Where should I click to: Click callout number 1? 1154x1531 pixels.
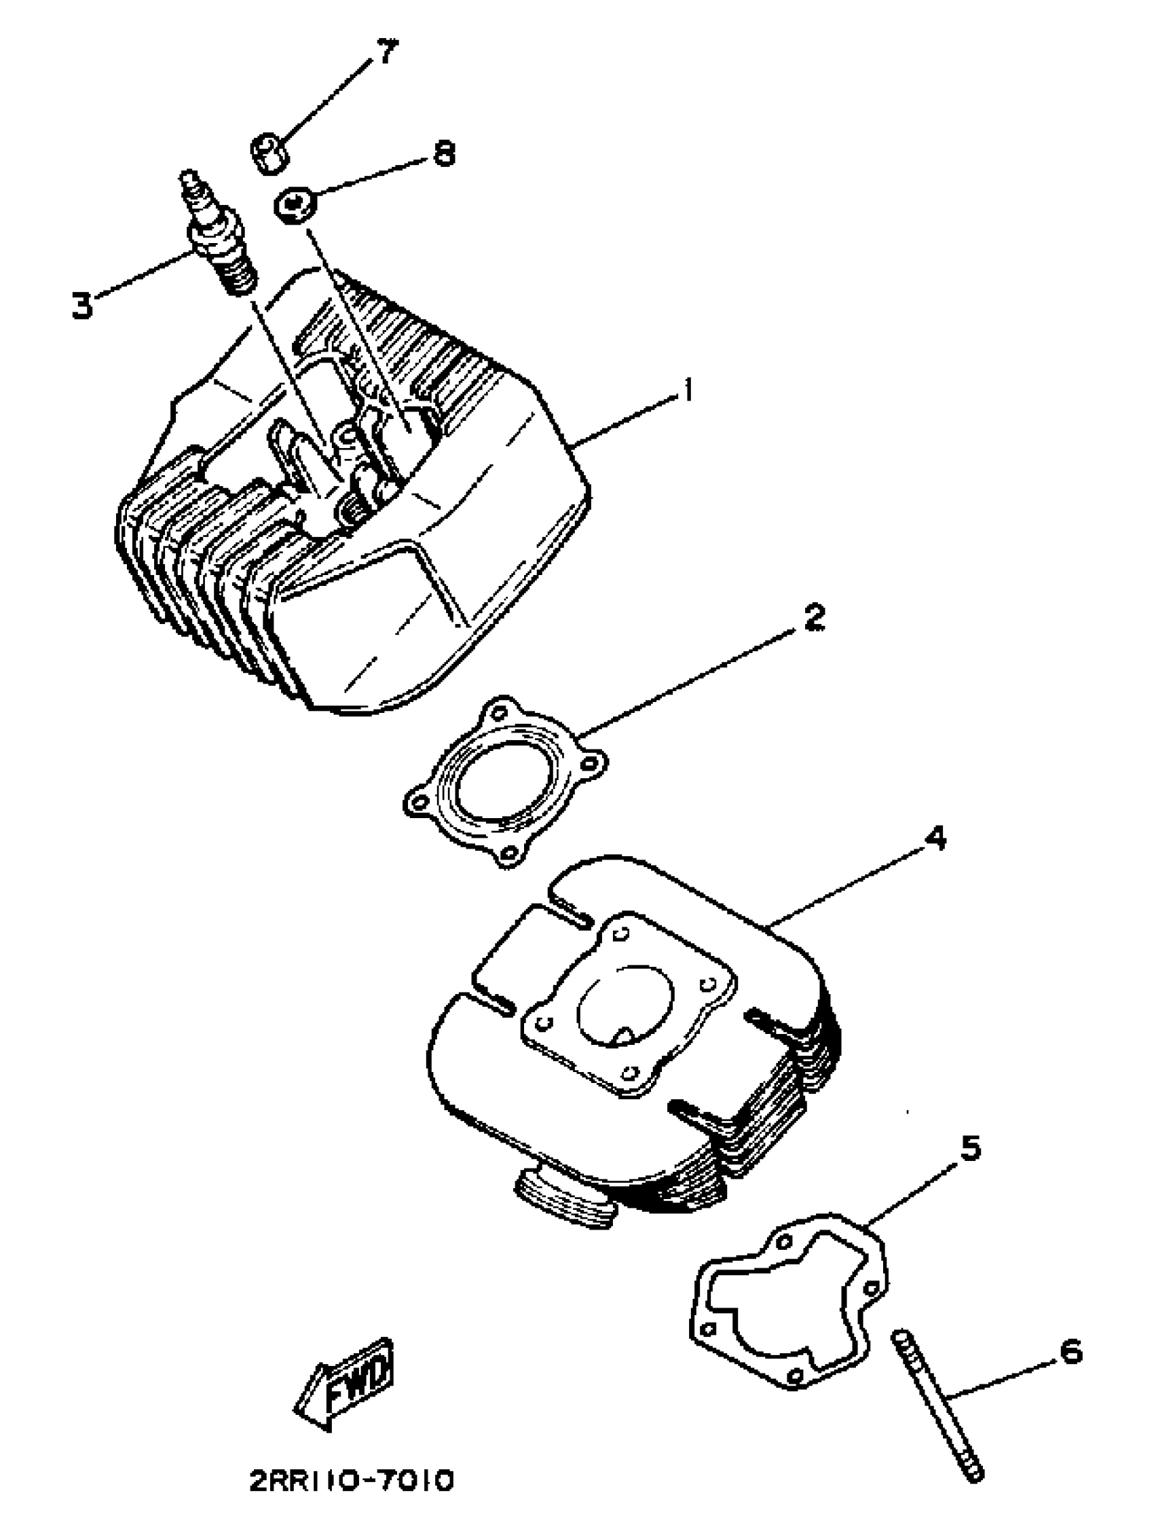[x=686, y=393]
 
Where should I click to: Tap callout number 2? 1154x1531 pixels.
[x=815, y=616]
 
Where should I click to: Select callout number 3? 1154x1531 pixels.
[x=82, y=305]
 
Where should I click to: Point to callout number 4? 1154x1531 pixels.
[x=935, y=839]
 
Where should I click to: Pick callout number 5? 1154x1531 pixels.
[x=970, y=1147]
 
